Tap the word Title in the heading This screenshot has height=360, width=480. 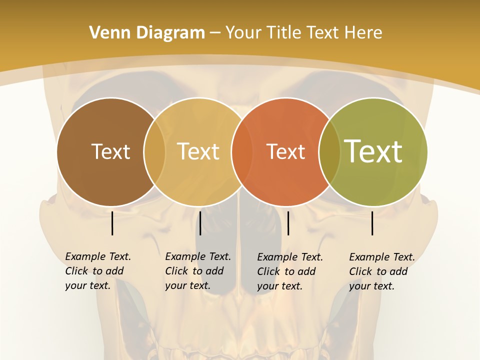[284, 33]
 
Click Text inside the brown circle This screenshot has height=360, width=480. [110, 151]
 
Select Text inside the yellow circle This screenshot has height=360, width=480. [198, 151]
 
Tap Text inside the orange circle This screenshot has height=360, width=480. [285, 151]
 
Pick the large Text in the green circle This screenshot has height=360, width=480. [373, 151]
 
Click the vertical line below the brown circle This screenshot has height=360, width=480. [112, 223]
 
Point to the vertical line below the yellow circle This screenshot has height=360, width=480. [200, 223]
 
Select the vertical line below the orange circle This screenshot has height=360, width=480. [288, 223]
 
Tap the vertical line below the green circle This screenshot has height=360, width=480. [372, 223]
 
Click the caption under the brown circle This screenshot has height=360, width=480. [97, 271]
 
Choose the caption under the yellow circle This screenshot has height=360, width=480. [197, 271]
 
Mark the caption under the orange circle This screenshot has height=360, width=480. [289, 271]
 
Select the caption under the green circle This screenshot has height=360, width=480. [381, 271]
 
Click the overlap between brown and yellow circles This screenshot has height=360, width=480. [154, 152]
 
